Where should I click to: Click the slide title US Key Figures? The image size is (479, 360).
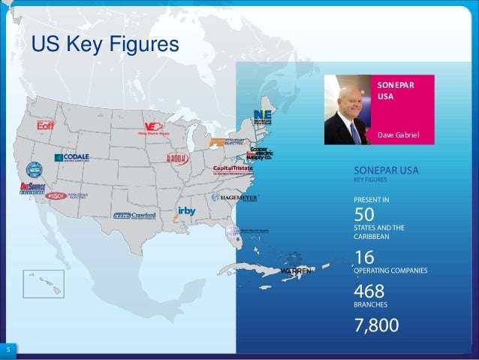pos(105,46)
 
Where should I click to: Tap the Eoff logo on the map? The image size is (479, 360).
pos(47,126)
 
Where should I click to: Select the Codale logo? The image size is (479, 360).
pos(71,159)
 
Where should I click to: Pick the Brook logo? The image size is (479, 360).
pos(176,158)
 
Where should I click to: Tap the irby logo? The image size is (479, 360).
pos(185,211)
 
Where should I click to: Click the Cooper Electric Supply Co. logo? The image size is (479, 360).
pos(260,153)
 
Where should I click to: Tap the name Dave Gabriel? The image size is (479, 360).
pos(398,135)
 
